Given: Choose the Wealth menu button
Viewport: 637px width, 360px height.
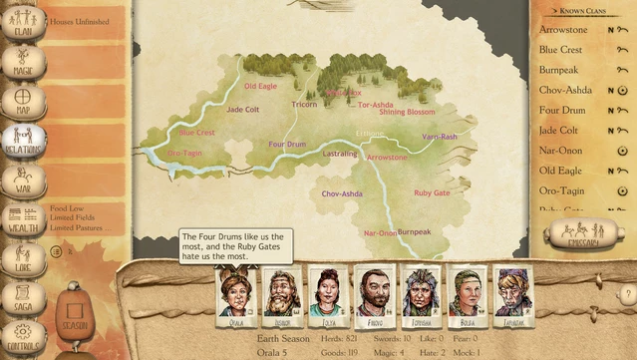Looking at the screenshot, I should tap(22, 219).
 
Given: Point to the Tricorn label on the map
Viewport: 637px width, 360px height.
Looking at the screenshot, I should tap(304, 104).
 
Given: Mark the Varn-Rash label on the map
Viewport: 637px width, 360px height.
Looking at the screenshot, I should tap(440, 137).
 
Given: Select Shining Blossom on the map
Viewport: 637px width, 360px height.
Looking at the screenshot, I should tap(407, 113).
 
